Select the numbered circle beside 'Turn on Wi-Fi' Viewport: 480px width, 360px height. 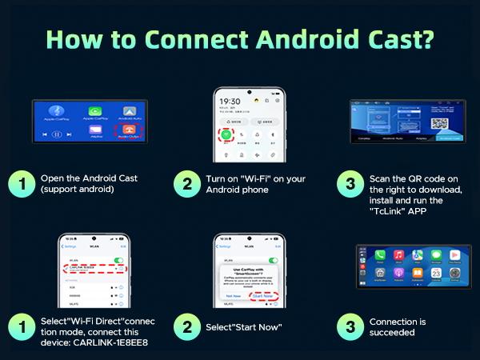pos(186,183)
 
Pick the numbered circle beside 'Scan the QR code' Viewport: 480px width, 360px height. pos(350,183)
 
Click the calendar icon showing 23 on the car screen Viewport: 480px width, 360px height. pos(438,273)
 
